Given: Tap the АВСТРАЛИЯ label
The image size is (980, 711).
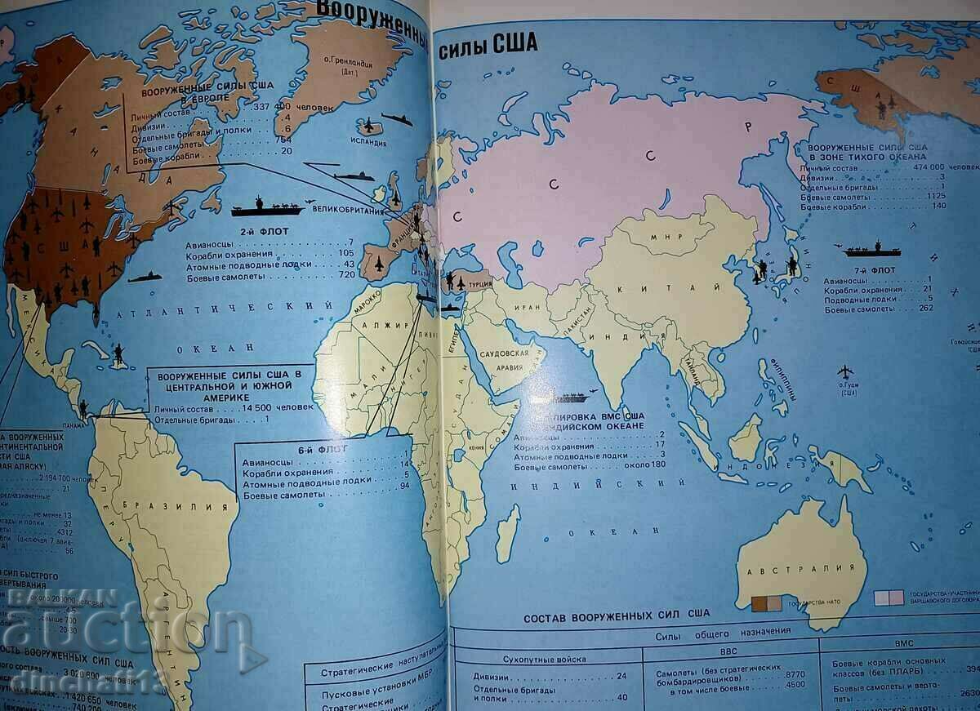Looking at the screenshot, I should [x=801, y=567].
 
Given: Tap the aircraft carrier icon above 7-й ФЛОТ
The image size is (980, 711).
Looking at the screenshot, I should [x=867, y=248].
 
